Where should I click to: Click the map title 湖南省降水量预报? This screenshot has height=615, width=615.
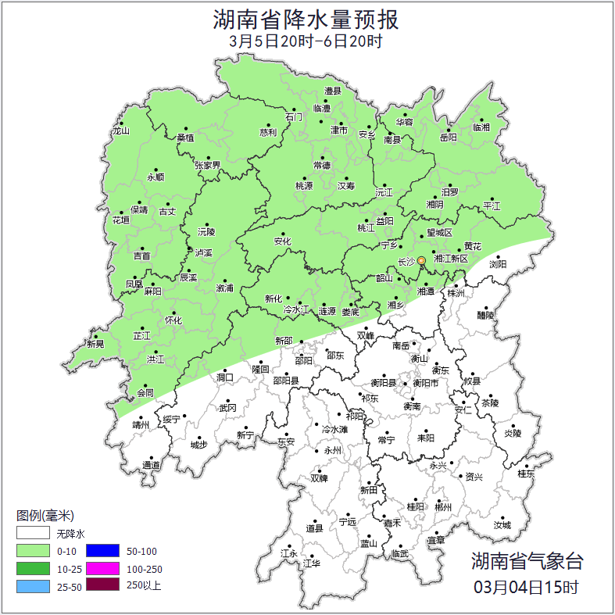[307, 18]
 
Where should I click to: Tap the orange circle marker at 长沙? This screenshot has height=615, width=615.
[421, 260]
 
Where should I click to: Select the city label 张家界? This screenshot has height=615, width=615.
[208, 165]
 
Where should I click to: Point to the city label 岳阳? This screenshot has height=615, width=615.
[448, 138]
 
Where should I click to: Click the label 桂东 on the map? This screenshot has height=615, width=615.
[526, 474]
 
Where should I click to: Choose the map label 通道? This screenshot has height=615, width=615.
[151, 466]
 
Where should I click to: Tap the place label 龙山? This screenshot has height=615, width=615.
[120, 131]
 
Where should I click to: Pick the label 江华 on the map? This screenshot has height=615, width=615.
[312, 563]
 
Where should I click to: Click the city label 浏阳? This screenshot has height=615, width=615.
[498, 264]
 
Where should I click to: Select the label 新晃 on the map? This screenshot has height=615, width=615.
[95, 344]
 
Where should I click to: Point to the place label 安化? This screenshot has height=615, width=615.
[282, 241]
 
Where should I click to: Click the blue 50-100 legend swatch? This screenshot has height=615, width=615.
[102, 552]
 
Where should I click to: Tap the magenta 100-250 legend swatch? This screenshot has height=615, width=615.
[102, 569]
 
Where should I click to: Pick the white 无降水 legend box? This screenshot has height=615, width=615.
[33, 535]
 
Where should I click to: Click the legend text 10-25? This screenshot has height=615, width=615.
[70, 570]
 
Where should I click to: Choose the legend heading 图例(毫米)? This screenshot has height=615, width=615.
[45, 516]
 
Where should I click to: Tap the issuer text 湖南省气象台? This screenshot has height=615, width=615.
[527, 560]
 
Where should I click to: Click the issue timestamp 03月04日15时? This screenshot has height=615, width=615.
[527, 586]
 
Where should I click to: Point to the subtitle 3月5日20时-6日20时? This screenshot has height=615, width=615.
[306, 41]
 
